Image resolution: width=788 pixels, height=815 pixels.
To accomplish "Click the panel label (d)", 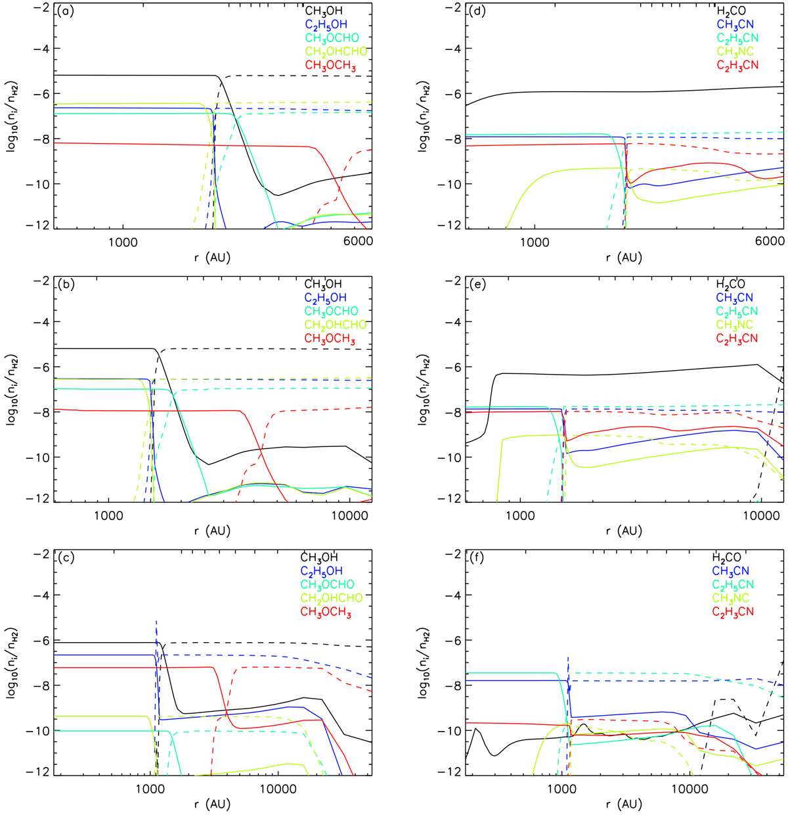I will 476,11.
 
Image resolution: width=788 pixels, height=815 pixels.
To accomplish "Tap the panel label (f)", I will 475,558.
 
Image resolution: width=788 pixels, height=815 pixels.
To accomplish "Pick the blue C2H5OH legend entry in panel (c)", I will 322,571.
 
